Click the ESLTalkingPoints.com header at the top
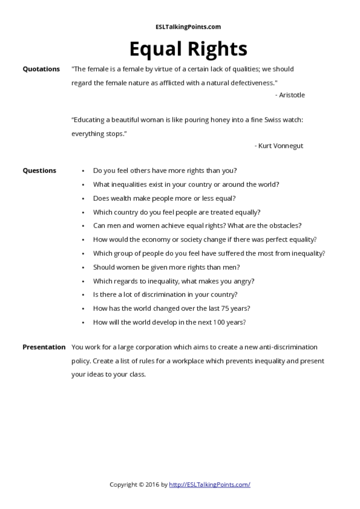[x=188, y=27]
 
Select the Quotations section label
[x=41, y=69]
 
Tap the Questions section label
[x=39, y=170]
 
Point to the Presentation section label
[x=44, y=347]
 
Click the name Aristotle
[x=292, y=95]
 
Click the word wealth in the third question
[x=121, y=198]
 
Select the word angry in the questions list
[x=243, y=281]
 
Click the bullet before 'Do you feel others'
[x=83, y=171]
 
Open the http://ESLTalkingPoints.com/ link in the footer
[x=209, y=484]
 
